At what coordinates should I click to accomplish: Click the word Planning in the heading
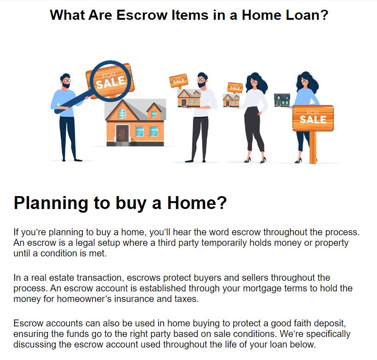[51, 203]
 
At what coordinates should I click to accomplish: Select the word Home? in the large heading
[197, 203]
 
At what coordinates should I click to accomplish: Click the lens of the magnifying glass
[111, 81]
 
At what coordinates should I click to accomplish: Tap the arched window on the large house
[122, 113]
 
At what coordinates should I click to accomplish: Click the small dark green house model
[282, 100]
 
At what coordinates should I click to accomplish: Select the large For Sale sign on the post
[313, 118]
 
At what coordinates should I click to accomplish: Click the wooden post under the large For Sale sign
[313, 147]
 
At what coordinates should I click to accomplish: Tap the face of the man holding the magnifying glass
[66, 82]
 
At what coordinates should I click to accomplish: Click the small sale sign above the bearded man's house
[179, 81]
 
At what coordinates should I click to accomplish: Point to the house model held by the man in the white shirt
[189, 98]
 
